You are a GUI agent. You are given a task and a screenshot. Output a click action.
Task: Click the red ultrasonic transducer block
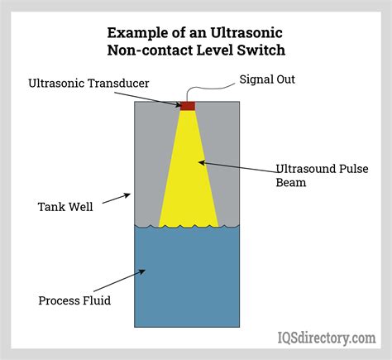(x=188, y=106)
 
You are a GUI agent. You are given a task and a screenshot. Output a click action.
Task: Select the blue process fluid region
(x=187, y=276)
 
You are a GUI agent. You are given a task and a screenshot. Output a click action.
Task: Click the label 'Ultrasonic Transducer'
(x=88, y=84)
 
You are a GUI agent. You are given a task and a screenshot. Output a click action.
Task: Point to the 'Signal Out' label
(x=267, y=79)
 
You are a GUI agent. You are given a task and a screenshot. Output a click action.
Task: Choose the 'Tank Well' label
(x=65, y=207)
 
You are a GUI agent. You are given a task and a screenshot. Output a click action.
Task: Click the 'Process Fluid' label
(x=74, y=300)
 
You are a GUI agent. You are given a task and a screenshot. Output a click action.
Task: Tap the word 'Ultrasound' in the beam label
(x=305, y=169)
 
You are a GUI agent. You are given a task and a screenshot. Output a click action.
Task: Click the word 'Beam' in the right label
(x=291, y=183)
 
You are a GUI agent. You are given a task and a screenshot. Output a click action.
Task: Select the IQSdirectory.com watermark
(x=327, y=338)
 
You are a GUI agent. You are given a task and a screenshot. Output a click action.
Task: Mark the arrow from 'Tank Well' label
(x=117, y=199)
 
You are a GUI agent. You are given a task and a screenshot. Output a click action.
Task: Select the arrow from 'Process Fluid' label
(x=119, y=281)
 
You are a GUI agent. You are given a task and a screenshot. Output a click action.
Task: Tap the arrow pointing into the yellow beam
(x=237, y=167)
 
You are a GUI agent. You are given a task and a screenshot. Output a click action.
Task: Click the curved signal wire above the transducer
(x=209, y=89)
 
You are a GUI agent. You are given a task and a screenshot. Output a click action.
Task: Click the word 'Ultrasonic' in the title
(x=246, y=33)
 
